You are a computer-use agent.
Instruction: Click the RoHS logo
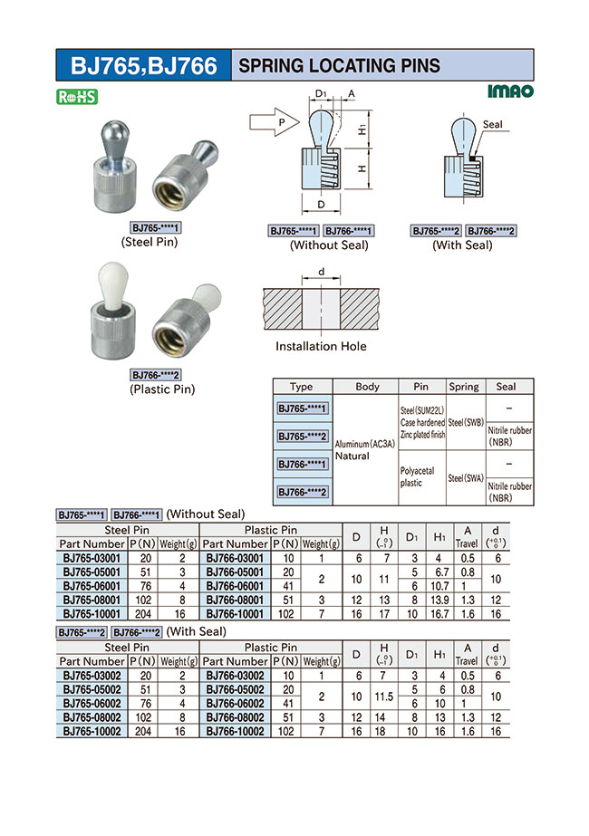point(77,96)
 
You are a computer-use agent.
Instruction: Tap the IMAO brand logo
point(510,91)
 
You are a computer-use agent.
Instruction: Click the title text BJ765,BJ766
point(144,66)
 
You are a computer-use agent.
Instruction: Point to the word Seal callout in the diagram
point(493,124)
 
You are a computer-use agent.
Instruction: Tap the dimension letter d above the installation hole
point(321,272)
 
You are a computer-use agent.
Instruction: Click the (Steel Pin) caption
point(149,242)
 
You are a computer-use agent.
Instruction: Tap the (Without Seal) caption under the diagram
point(329,245)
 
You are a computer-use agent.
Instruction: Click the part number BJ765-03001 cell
point(92,558)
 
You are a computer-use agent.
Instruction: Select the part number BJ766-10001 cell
point(235,613)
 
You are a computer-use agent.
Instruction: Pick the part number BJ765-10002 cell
point(92,730)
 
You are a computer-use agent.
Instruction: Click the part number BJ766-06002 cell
point(235,703)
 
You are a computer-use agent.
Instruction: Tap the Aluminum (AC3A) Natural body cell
point(366,450)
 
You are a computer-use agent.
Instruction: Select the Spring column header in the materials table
point(463,386)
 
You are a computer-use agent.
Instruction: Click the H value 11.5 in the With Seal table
point(384,696)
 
